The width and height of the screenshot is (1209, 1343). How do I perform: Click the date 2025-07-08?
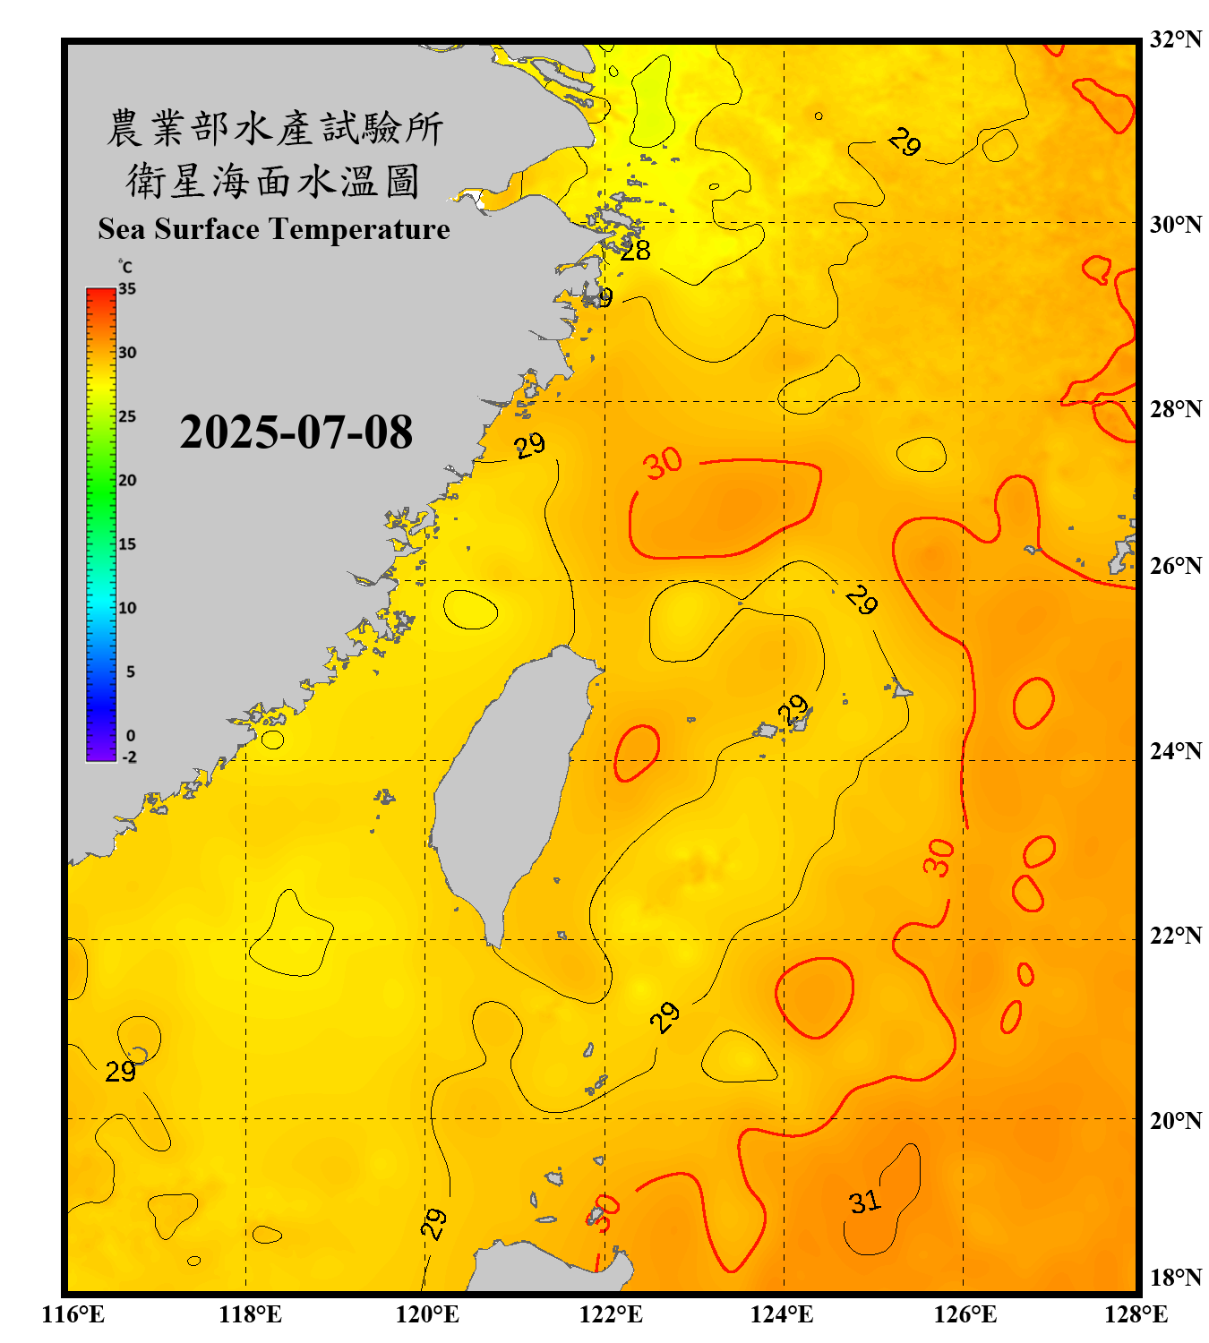(296, 432)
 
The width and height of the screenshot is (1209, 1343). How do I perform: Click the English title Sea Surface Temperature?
(274, 229)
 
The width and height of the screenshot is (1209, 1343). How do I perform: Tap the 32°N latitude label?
(1175, 39)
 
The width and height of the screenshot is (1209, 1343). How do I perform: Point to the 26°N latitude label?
(1175, 566)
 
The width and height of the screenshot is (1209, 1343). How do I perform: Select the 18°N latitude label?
(1175, 1277)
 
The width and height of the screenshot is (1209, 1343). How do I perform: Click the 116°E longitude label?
(73, 1314)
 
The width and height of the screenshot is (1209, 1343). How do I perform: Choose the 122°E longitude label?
(611, 1314)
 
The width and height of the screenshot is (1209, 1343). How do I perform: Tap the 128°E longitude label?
(1136, 1314)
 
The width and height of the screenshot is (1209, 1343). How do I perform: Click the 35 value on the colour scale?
(127, 288)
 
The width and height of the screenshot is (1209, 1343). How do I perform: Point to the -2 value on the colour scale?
(129, 757)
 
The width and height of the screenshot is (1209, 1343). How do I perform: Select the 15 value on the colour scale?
(127, 543)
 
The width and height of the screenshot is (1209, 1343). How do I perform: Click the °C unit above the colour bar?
(125, 267)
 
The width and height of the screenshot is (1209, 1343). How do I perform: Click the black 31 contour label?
(864, 1202)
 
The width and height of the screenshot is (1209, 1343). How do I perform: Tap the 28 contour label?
(635, 251)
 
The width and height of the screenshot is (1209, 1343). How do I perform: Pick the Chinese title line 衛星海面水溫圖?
(274, 181)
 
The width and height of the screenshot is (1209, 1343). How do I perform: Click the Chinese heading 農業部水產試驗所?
(274, 128)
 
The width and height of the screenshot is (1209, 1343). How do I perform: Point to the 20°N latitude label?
(1175, 1120)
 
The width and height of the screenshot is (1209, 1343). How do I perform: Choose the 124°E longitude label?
(782, 1314)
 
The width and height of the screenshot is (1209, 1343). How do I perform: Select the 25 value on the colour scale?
(127, 416)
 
